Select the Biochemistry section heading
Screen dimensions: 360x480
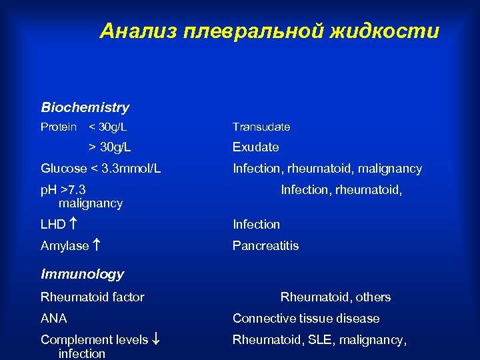click(x=85, y=107)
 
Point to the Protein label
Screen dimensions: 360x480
click(x=59, y=127)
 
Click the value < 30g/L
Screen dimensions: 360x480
click(x=108, y=127)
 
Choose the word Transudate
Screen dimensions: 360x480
click(x=261, y=127)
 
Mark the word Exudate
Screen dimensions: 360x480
click(x=255, y=147)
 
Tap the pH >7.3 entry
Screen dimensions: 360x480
click(x=63, y=190)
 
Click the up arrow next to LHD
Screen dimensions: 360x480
click(x=72, y=225)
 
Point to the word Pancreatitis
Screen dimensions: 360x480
click(x=265, y=246)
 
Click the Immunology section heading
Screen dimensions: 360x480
click(x=82, y=274)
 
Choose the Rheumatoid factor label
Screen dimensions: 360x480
click(x=92, y=297)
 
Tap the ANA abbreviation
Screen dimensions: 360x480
click(x=53, y=319)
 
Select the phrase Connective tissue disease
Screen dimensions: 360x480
click(x=305, y=319)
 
